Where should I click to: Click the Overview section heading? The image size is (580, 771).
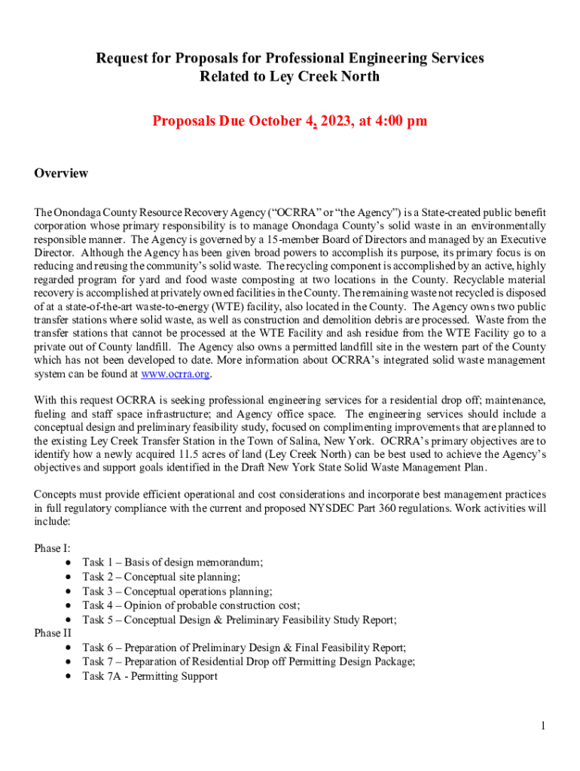click(61, 173)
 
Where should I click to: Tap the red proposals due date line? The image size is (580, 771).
click(290, 121)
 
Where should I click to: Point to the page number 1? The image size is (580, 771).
click(542, 726)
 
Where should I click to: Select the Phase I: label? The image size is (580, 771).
click(53, 548)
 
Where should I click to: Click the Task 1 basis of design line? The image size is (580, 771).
click(172, 562)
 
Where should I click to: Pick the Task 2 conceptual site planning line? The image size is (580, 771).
click(161, 577)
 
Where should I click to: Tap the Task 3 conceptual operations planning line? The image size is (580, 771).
click(177, 591)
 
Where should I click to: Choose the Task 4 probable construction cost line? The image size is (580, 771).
click(191, 605)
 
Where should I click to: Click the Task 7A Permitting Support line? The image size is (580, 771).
click(150, 676)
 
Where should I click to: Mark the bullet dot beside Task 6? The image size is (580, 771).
click(69, 648)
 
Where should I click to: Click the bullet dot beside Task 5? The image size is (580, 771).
click(69, 620)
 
